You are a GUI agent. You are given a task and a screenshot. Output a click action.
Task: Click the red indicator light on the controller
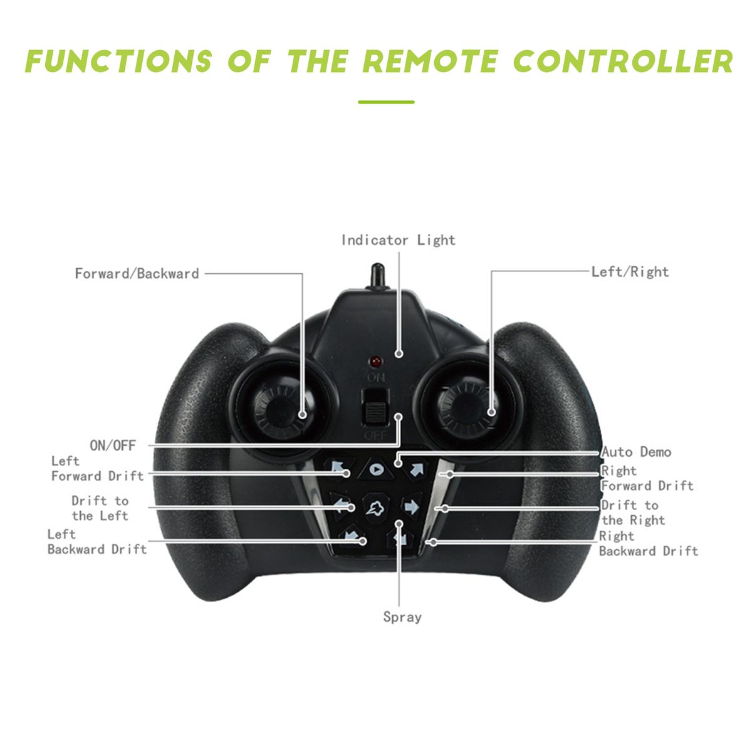376,362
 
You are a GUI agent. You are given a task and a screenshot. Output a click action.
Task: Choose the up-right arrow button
416,468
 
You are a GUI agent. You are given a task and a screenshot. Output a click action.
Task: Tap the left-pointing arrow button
341,504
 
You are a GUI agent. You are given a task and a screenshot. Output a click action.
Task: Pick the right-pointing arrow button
412,506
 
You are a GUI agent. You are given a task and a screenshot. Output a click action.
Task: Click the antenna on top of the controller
377,276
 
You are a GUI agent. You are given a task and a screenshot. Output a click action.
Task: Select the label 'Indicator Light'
398,240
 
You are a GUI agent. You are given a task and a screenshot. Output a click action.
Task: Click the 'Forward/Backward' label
137,273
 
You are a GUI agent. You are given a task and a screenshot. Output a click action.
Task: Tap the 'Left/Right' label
630,272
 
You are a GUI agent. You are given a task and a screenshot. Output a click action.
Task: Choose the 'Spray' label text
402,617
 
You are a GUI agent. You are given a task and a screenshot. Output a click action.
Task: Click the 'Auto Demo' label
636,452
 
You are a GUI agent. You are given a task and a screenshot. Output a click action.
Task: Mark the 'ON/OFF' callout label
113,446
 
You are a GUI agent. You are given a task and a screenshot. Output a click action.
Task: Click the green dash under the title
386,102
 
